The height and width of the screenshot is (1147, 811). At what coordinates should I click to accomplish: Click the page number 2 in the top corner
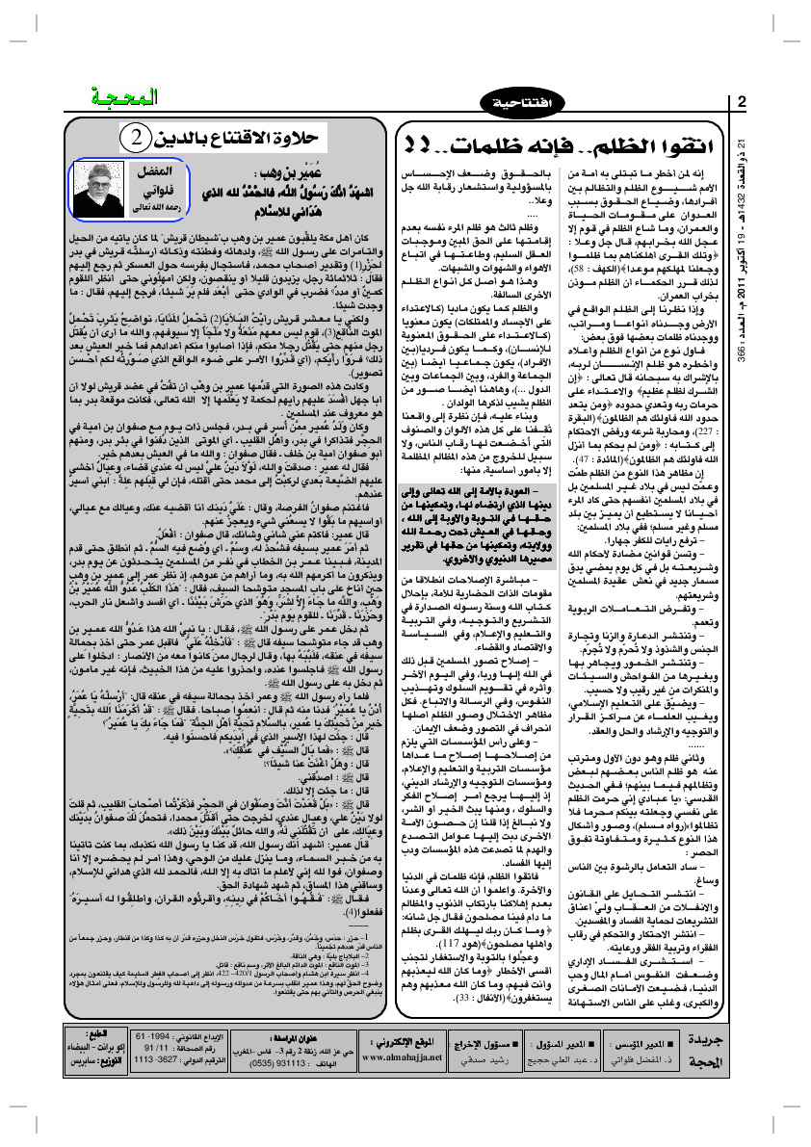click(742, 103)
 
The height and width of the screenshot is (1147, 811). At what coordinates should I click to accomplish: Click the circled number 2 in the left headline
click(141, 137)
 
